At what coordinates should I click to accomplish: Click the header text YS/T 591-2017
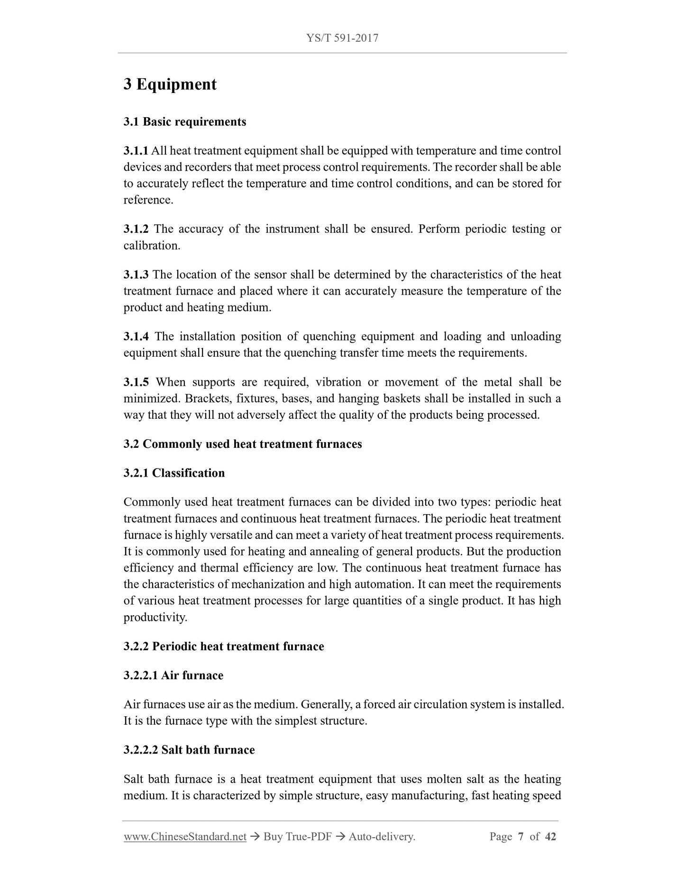342,38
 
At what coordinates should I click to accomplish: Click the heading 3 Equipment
170,84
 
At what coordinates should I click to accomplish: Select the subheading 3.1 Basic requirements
185,122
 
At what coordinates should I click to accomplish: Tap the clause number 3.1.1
136,151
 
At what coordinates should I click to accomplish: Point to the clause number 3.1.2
136,229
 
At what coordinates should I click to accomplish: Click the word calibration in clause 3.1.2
151,246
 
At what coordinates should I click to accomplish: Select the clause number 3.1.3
136,275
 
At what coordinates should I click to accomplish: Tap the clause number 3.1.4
136,337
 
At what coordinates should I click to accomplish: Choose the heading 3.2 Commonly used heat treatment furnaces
243,444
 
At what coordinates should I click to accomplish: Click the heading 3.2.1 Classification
174,473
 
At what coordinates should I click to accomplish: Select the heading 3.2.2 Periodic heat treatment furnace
224,647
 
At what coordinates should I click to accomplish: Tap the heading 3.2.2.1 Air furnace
173,675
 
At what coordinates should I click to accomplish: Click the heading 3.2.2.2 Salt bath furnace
189,750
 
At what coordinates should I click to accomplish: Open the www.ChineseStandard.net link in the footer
185,837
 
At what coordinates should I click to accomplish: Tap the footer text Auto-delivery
382,837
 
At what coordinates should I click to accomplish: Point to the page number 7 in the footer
521,837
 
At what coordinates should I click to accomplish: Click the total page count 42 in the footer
550,837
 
